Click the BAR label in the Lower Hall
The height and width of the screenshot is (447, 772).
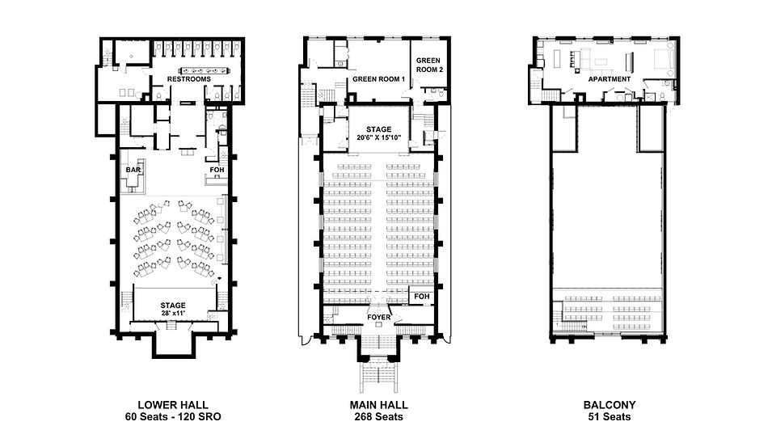pos(133,170)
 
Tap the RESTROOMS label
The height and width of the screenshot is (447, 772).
pos(189,79)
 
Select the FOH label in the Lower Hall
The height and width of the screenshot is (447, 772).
pos(217,170)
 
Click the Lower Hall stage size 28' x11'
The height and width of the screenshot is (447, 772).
pos(173,313)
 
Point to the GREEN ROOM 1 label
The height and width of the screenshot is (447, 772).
pos(378,79)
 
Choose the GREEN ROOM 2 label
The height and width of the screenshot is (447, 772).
pos(429,65)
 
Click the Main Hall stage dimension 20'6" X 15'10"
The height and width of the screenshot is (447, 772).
pos(378,138)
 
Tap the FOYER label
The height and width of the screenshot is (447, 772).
pos(378,317)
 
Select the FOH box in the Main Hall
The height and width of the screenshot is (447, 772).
pos(422,297)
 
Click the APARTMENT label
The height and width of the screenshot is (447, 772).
pos(610,79)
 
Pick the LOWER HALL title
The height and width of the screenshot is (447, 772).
pos(173,405)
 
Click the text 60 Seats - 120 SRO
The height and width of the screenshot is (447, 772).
pos(173,417)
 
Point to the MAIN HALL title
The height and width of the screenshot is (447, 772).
pos(378,405)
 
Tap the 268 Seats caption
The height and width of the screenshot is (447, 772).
pos(378,417)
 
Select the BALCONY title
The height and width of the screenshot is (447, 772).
pos(610,405)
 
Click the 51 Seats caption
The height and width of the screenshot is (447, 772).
pos(610,417)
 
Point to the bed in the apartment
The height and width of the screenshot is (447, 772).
pos(662,59)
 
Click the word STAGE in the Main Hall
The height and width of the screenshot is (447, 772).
pos(378,130)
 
